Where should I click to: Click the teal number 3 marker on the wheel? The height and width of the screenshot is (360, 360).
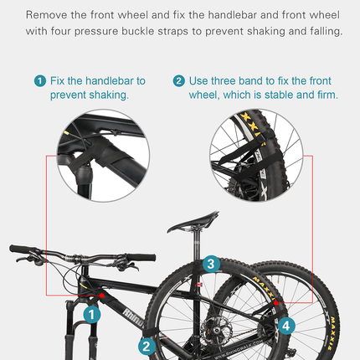tap(211, 265)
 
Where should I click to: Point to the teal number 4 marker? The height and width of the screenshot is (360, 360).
tap(287, 325)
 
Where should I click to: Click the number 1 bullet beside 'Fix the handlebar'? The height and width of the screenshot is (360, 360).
tap(39, 81)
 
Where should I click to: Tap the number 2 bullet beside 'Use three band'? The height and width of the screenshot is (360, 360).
tap(178, 81)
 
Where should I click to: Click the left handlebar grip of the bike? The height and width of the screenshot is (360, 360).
tap(20, 249)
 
